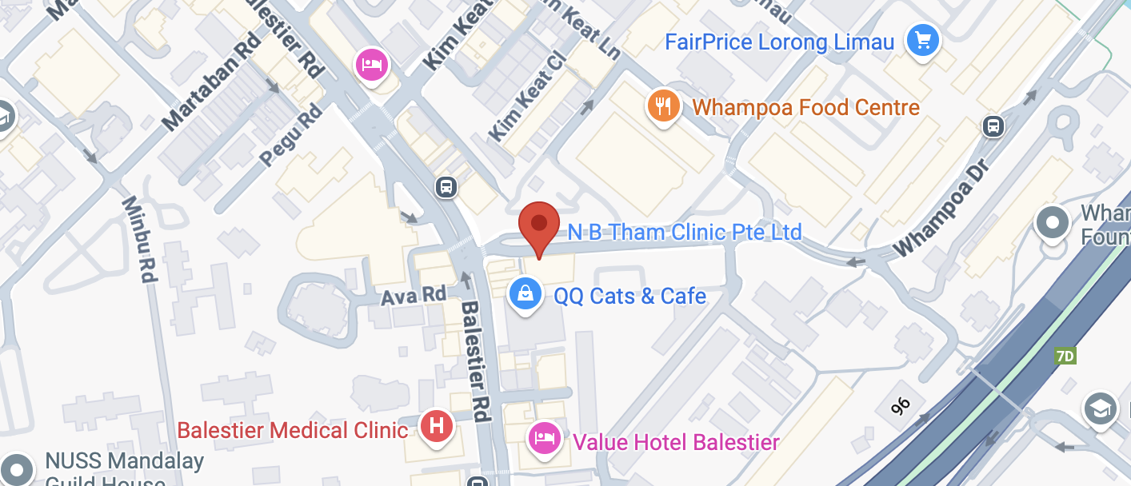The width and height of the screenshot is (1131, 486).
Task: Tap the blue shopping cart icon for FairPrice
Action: [x=922, y=39]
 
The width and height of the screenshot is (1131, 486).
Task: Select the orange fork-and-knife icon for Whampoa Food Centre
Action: [x=663, y=106]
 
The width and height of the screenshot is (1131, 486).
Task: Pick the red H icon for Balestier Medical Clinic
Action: [x=437, y=425]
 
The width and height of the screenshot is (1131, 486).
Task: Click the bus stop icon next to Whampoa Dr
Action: [x=993, y=125]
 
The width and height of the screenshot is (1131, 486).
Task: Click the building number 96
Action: [x=901, y=406]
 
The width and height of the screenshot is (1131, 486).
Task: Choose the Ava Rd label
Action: [x=413, y=295]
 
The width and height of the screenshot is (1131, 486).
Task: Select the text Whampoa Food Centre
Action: [x=805, y=107]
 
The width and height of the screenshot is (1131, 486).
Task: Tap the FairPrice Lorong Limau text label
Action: [x=779, y=42]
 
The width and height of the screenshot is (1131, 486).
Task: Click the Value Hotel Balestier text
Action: [x=676, y=441]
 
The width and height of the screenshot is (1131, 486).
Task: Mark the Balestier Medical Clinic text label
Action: [x=292, y=430]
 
